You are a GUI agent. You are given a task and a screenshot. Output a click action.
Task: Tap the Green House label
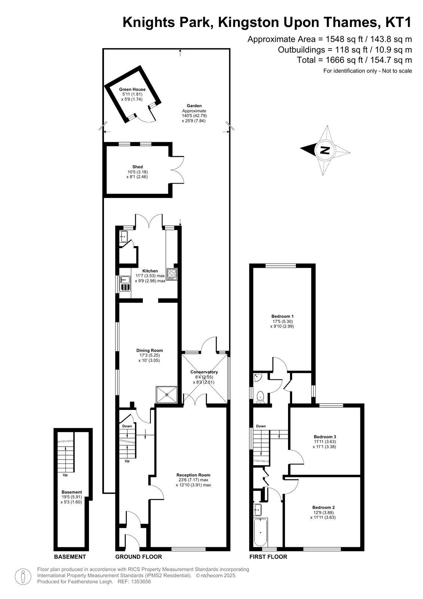[x=132, y=89]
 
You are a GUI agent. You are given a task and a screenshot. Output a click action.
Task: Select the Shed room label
[x=138, y=167]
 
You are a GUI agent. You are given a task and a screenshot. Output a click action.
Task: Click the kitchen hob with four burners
[x=172, y=274]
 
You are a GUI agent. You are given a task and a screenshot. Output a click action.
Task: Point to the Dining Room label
[x=149, y=350]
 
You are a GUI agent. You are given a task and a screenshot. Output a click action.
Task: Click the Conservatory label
[x=204, y=372]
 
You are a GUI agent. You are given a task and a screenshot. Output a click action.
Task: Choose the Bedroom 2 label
[x=324, y=507]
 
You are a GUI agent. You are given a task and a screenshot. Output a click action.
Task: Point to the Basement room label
[x=71, y=492]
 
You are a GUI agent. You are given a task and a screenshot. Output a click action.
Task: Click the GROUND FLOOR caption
[x=138, y=557]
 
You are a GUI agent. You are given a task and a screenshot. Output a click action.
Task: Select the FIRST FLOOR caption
[x=268, y=557]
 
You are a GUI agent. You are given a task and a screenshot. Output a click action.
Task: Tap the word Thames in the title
[x=350, y=22]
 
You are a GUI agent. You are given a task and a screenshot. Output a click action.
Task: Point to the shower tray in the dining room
[x=167, y=395]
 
